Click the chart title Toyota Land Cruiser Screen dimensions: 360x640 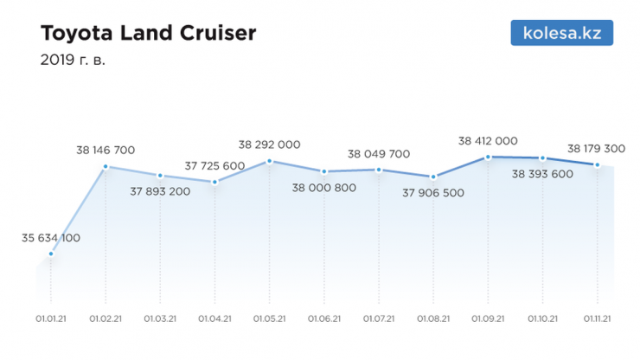pos(149,35)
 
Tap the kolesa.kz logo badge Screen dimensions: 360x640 pos(562,34)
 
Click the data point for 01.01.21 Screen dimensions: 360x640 pos(51,254)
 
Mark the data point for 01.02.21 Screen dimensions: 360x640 pos(106,166)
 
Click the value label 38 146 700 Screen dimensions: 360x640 pos(106,150)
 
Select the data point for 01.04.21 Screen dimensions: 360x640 pos(214,182)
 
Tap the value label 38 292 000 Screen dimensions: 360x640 pos(270,145)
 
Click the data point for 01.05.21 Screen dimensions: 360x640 pos(270,161)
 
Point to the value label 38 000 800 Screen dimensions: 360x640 pos(324,187)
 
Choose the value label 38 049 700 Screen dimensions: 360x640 pos(379,154)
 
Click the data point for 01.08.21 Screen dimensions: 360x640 pos(433,177)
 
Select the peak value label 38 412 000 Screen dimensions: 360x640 pos(488,140)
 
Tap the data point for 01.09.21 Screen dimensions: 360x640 pos(488,157)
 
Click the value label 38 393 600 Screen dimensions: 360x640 pos(542,173)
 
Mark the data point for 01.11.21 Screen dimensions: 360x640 pos(597,164)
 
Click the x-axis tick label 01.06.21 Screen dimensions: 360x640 pos(324,318)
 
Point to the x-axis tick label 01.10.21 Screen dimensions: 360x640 pos(542,318)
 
